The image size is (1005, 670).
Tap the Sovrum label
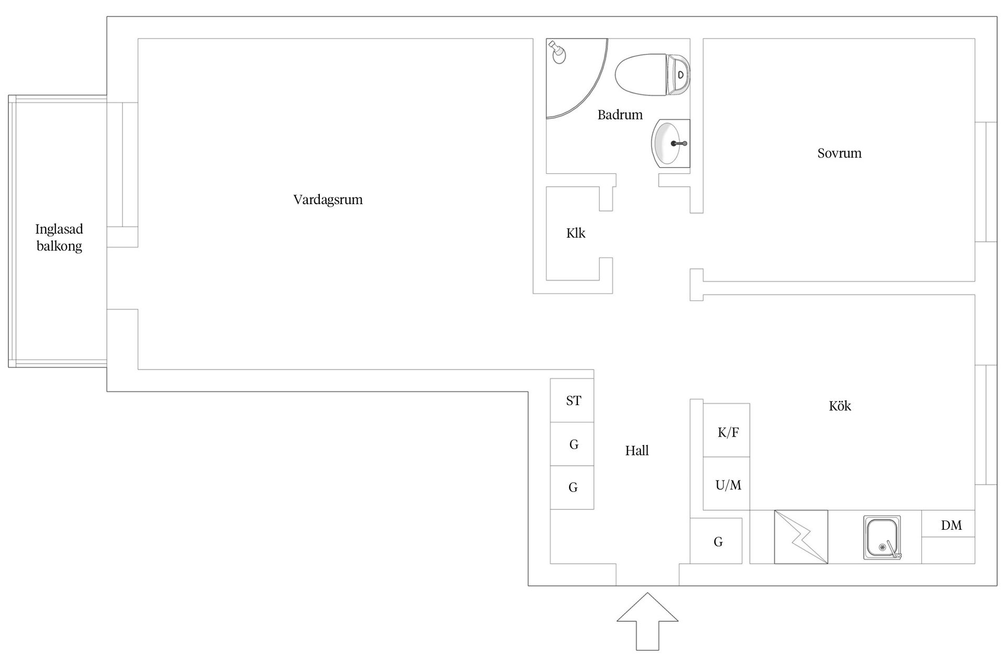[x=839, y=153]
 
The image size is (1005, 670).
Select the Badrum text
[x=620, y=115]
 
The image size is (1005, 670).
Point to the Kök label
[x=840, y=406]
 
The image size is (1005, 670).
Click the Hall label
[x=636, y=451]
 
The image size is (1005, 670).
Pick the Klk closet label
[x=576, y=233]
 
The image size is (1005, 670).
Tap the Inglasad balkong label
[x=59, y=238]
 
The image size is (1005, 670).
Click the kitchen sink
[x=883, y=537]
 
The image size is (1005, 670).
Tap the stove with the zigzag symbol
[x=801, y=537]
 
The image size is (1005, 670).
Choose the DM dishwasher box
[x=948, y=523]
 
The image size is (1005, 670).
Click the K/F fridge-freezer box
[x=726, y=430]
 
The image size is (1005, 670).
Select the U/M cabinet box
[x=726, y=484]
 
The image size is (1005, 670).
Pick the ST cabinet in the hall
[x=572, y=400]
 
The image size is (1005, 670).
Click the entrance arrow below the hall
[x=647, y=622]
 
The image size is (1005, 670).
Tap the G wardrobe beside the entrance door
[x=716, y=541]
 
